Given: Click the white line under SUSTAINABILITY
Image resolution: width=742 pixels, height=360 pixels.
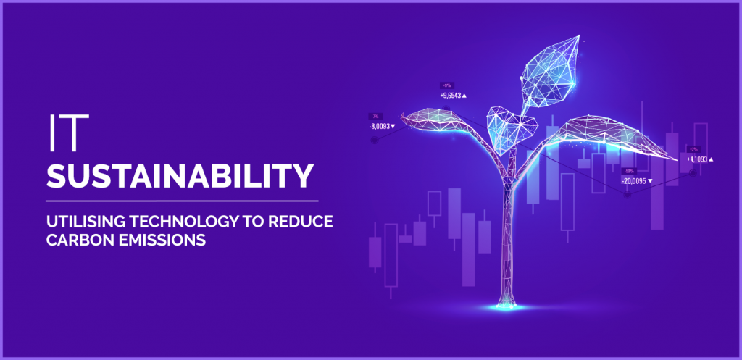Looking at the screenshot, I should [181, 199].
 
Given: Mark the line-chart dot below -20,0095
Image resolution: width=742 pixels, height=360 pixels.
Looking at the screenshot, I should [628, 195].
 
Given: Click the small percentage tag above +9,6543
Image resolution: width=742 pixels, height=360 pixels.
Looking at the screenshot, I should [446, 85].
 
